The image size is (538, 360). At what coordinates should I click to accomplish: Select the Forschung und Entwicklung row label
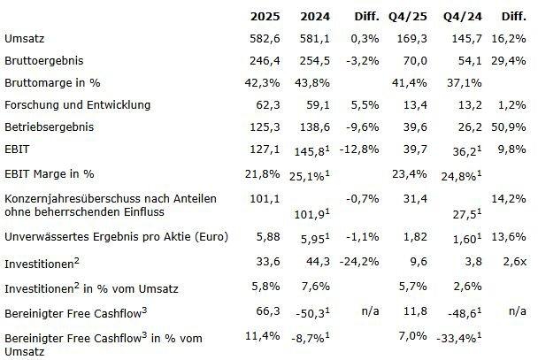pyautogui.click(x=77, y=104)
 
